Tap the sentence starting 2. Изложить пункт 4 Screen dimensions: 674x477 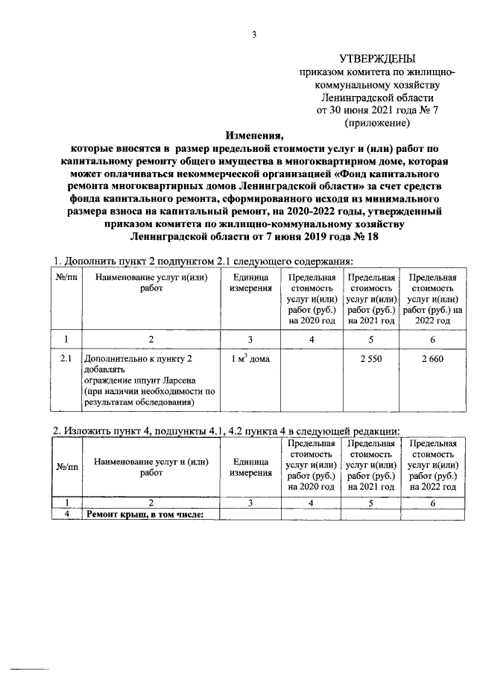click(224, 430)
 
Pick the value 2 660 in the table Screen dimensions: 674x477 click(432, 359)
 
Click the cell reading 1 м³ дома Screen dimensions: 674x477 click(250, 359)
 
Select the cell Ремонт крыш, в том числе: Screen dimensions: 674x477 click(145, 514)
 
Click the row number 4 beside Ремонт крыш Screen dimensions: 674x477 click(67, 514)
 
